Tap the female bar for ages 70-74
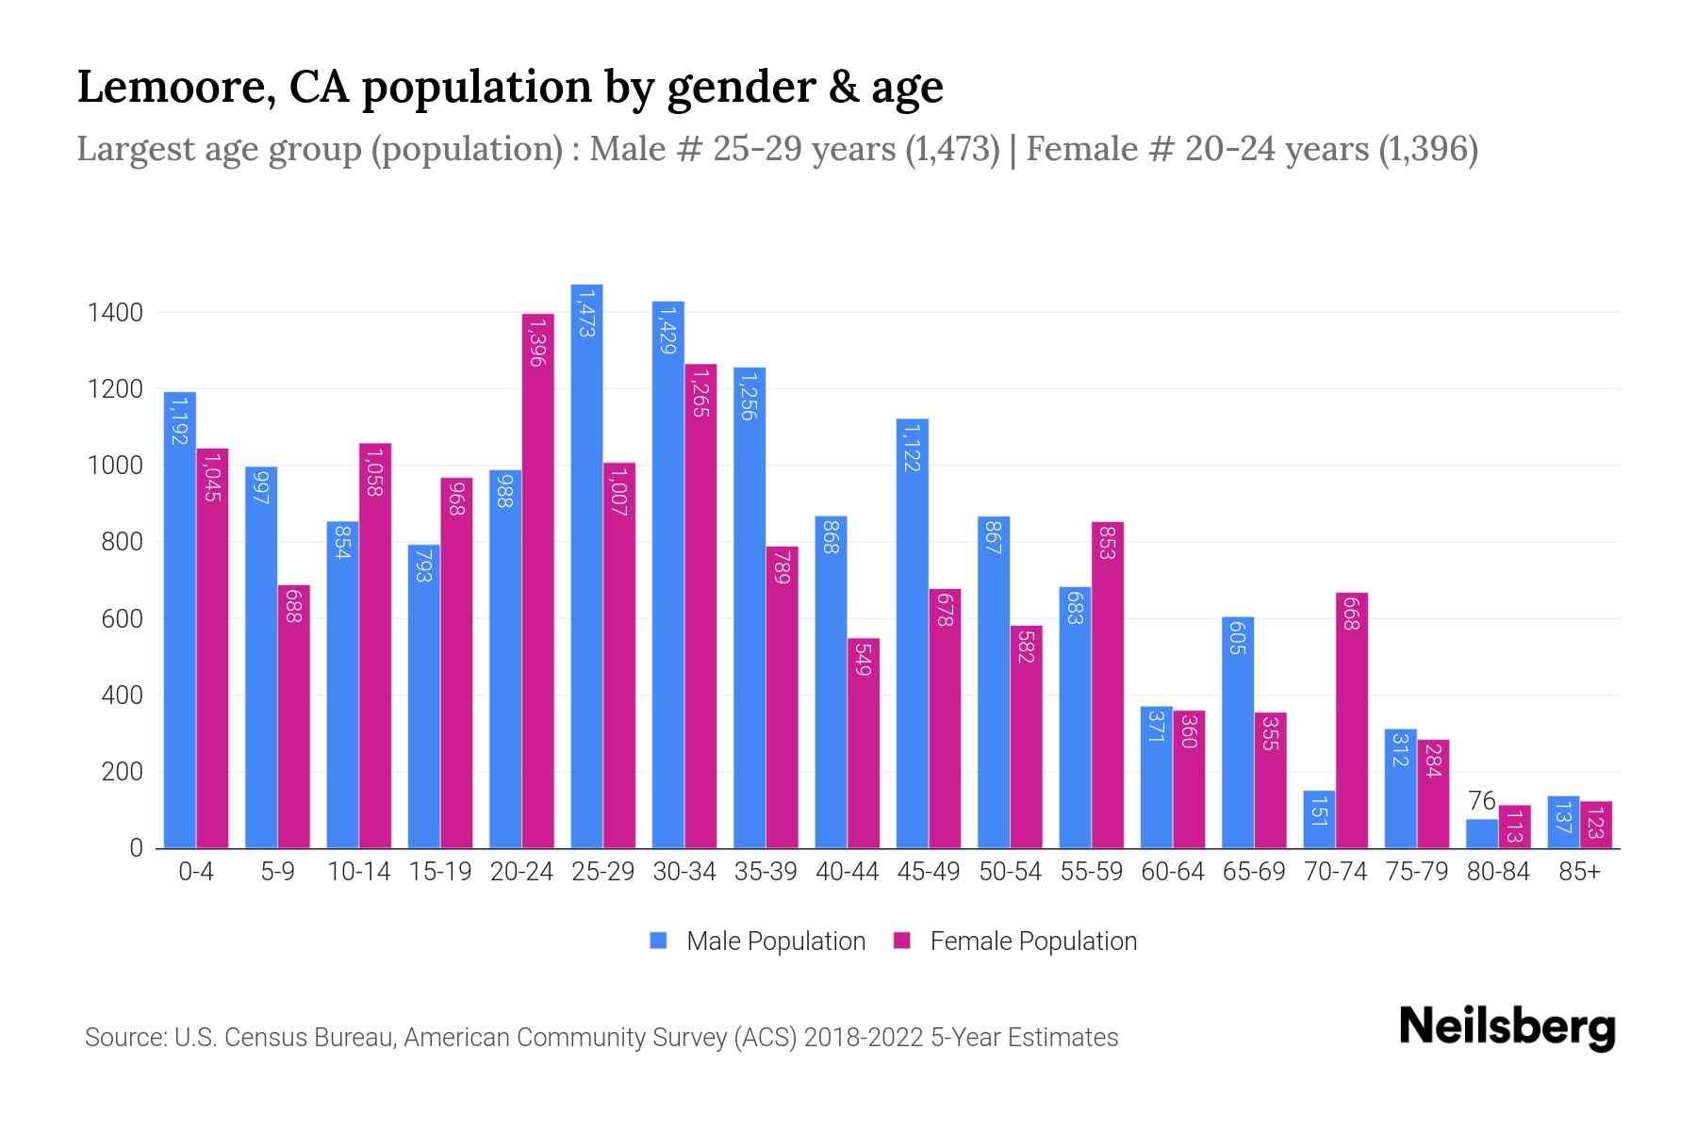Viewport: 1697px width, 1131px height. tap(1351, 735)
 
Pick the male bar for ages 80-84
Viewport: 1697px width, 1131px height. tap(1481, 834)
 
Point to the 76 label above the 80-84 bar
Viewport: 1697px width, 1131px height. tap(1482, 801)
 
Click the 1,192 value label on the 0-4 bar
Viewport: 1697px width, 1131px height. tap(179, 419)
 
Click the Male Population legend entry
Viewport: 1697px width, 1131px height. tap(758, 942)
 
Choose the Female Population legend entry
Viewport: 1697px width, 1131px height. tap(1015, 942)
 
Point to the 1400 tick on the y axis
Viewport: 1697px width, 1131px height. tap(115, 313)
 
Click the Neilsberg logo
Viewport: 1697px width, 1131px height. tap(1507, 1027)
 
